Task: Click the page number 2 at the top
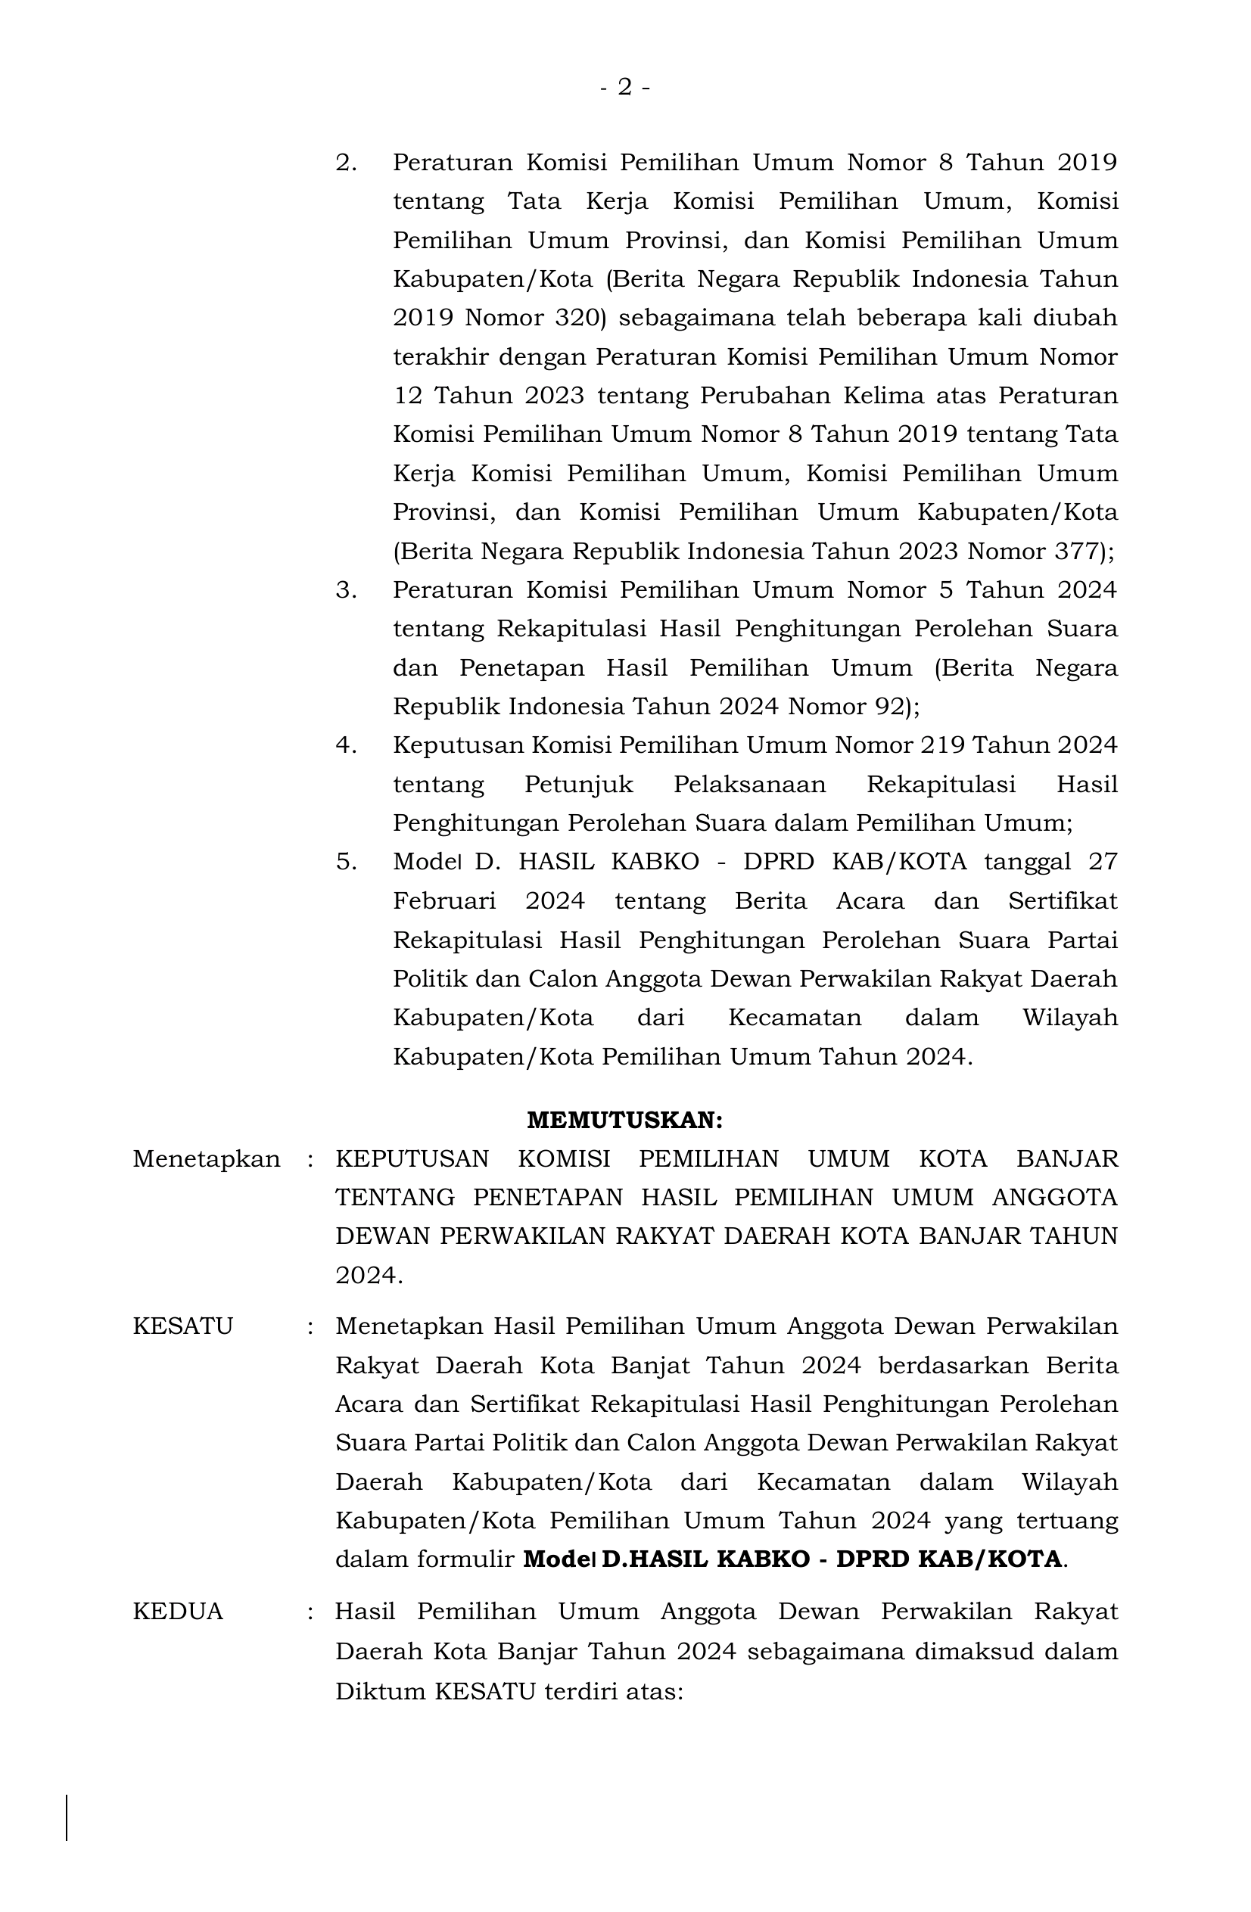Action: (624, 87)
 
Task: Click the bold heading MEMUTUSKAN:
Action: (624, 1119)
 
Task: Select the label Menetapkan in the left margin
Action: (207, 1159)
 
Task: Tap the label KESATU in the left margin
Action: (182, 1326)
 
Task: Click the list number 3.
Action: (346, 589)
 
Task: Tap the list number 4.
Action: (346, 745)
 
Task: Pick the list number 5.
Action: (346, 862)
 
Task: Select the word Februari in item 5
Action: (444, 901)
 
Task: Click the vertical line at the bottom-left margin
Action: (67, 1818)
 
